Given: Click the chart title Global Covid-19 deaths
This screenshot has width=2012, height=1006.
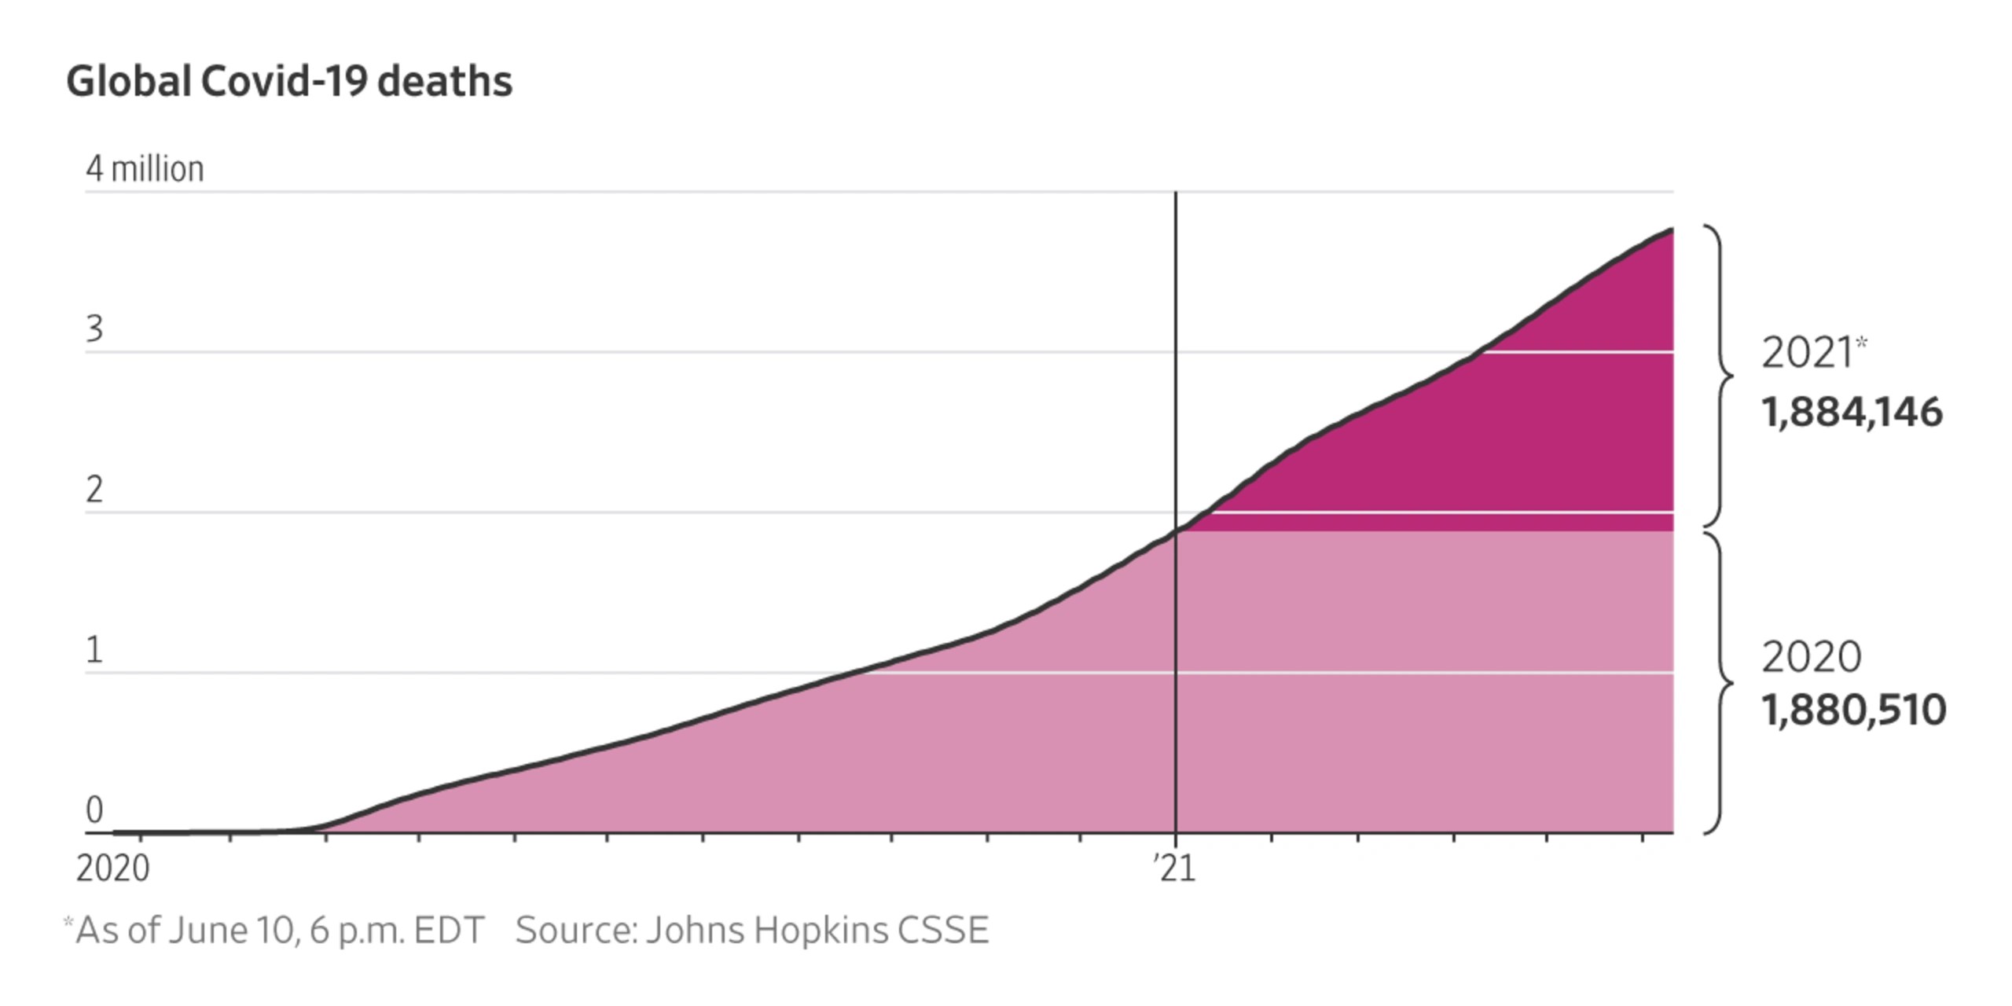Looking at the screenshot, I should click(288, 82).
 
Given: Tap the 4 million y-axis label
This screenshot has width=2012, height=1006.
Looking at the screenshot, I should click(145, 169).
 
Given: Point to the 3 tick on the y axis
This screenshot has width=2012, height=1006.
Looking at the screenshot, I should click(94, 329).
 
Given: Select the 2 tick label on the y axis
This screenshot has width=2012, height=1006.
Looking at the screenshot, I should click(94, 490).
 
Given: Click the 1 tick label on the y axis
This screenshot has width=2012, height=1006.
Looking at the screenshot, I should click(94, 651).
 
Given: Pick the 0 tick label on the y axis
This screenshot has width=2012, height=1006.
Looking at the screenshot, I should click(94, 810).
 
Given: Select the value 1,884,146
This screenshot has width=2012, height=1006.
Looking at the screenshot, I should click(1852, 413).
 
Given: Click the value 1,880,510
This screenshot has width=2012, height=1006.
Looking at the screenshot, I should click(1853, 710).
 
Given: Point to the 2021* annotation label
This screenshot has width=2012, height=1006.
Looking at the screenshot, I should click(1812, 352).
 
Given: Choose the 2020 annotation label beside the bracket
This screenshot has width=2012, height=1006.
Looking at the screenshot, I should click(1811, 657).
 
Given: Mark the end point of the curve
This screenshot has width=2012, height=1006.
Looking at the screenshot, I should click(1672, 229).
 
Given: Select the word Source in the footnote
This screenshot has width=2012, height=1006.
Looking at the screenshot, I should click(575, 931).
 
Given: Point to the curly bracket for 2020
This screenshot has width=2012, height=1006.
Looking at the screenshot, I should click(1721, 682).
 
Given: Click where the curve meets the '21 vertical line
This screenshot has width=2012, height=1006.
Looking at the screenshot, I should click(1176, 532).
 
